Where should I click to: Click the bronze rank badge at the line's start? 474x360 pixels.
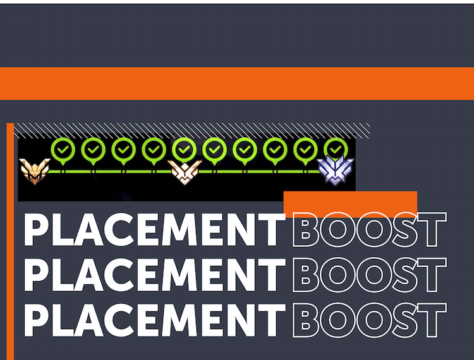[x=35, y=171]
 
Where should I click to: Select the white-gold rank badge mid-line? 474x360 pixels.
[x=185, y=172]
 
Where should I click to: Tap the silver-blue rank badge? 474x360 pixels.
[x=336, y=171]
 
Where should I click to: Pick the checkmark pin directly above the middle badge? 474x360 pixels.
[x=184, y=150]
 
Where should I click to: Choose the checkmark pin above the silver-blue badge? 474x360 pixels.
[x=336, y=148]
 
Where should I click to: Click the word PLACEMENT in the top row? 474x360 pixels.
[x=154, y=229]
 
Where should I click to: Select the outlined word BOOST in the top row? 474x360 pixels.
[x=370, y=229]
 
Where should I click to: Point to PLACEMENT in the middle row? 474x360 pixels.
[x=154, y=275]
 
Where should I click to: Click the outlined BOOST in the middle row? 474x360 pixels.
[x=370, y=275]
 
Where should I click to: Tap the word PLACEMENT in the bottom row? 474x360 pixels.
[x=154, y=320]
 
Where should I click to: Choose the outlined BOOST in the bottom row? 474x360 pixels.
[x=370, y=320]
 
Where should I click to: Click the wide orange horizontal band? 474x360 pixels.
[x=237, y=83]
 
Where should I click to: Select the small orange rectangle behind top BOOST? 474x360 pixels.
[x=350, y=204]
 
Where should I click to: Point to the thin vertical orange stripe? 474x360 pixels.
[x=10, y=241]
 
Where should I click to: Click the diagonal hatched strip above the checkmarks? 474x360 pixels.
[x=192, y=130]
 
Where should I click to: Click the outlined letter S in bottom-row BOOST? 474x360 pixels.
[x=405, y=320]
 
